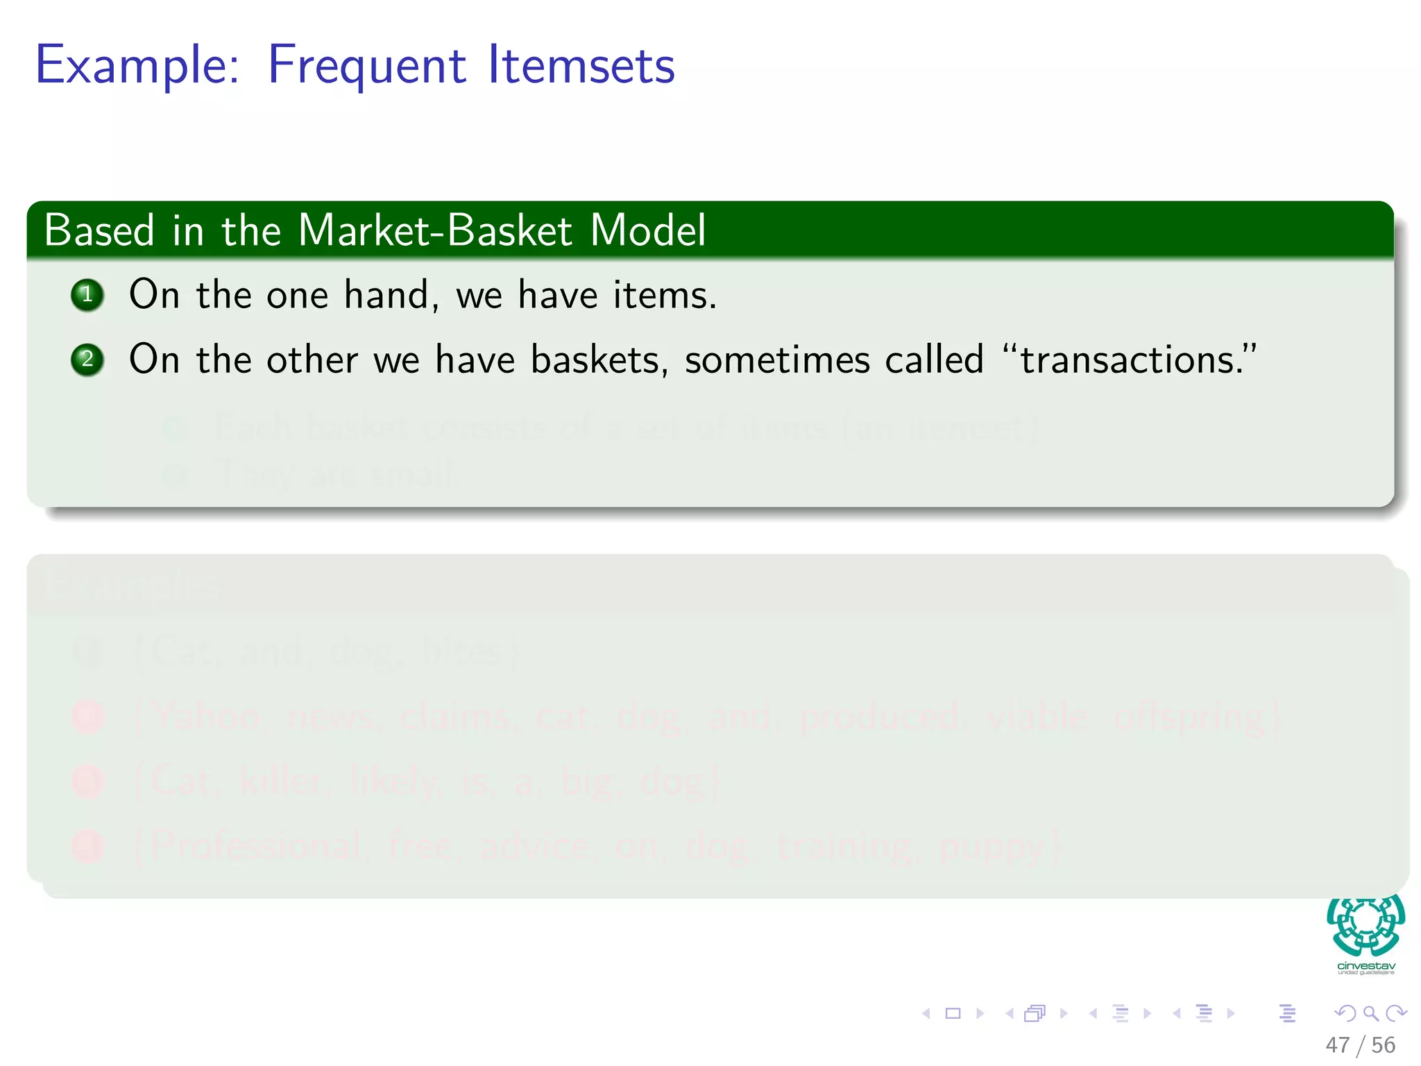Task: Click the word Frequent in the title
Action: [x=366, y=66]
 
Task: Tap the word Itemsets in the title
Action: [x=581, y=66]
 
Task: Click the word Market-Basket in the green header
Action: [x=435, y=230]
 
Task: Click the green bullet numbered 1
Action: [x=87, y=295]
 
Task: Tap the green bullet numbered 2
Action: [x=87, y=359]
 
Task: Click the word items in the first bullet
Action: [x=664, y=295]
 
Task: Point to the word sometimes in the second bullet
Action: [x=777, y=360]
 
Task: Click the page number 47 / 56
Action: [x=1360, y=1044]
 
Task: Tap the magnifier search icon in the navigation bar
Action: [x=1370, y=1013]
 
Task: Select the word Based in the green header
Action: [x=99, y=230]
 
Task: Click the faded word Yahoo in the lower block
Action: [x=207, y=717]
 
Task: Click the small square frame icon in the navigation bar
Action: [x=953, y=1013]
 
